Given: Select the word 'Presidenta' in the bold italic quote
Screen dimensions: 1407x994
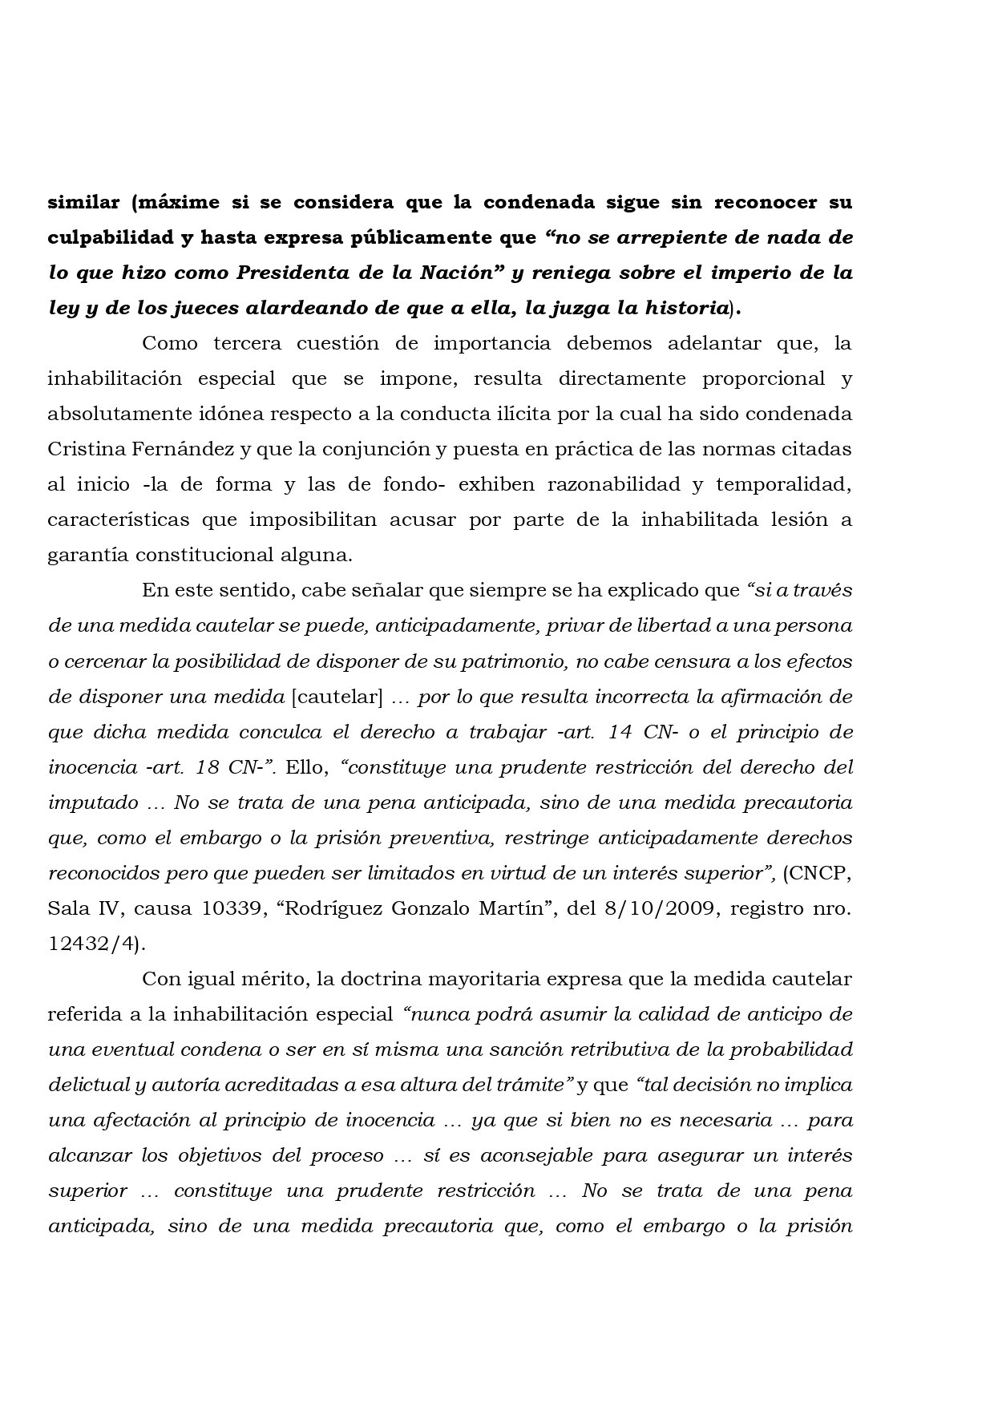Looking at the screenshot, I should coord(291,273).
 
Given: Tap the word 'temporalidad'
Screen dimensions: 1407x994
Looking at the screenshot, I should coord(781,484).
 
